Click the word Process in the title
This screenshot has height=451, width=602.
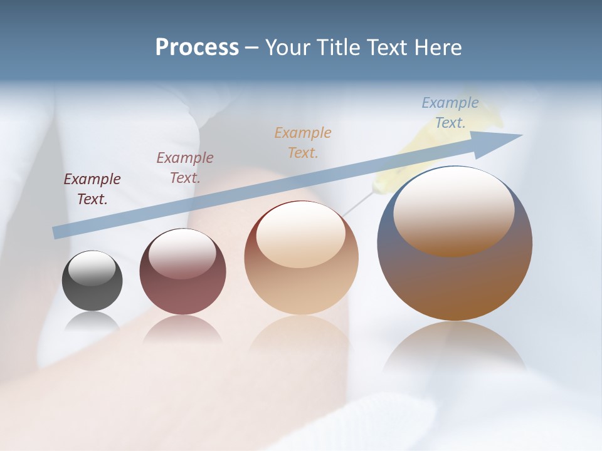pyautogui.click(x=197, y=48)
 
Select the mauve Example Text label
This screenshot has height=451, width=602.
pyautogui.click(x=185, y=168)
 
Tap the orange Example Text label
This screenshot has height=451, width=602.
pyautogui.click(x=303, y=142)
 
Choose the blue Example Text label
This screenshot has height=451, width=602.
pyautogui.click(x=450, y=113)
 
